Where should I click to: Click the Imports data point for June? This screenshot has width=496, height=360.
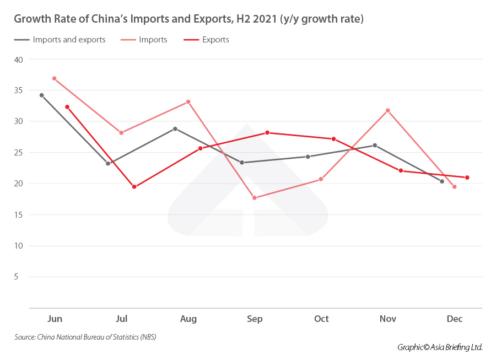pos(54,78)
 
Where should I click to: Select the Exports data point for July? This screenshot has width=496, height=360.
pos(134,187)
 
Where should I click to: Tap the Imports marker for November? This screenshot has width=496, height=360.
pos(387,110)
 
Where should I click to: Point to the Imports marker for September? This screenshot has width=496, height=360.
pos(254,198)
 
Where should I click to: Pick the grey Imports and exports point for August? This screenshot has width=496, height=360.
pos(175,128)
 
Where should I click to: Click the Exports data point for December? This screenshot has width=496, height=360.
pos(467,178)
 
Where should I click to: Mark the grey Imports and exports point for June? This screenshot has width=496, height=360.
pos(41,95)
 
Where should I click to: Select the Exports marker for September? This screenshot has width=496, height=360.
pos(267,132)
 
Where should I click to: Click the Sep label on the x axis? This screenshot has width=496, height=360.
pos(255,319)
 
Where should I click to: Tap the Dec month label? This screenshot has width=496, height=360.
pos(455,319)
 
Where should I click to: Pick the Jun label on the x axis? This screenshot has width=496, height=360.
pos(55,319)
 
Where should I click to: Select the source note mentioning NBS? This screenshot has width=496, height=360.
pos(85,337)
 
